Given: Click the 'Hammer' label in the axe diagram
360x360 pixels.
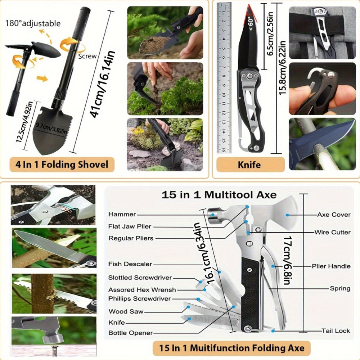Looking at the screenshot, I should [122, 215].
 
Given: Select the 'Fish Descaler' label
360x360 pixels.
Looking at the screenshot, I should [130, 264].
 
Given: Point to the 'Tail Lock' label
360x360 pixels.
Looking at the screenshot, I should [336, 330].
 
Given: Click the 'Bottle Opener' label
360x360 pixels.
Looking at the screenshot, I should [131, 333].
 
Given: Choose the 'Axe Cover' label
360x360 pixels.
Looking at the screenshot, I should [333, 215].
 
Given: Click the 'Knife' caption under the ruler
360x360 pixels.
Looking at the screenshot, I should [249, 165].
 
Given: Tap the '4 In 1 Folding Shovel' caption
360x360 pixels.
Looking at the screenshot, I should [62, 165].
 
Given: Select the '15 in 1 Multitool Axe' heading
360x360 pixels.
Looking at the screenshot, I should [219, 195].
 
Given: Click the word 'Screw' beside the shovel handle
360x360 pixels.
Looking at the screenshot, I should [87, 56].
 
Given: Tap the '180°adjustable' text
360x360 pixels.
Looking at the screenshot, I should [33, 24].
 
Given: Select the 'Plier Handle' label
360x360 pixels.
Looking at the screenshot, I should [331, 266].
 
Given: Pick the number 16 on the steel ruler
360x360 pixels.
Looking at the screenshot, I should [224, 150].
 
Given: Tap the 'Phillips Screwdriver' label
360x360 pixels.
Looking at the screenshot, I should [140, 299].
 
